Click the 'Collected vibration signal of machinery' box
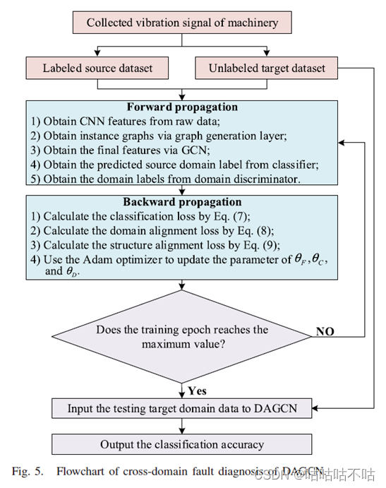182,23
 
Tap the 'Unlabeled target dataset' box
267,69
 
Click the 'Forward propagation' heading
182,108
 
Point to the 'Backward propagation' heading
182,201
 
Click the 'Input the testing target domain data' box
182,408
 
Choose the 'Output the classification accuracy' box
182,444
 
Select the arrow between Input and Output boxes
182,426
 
